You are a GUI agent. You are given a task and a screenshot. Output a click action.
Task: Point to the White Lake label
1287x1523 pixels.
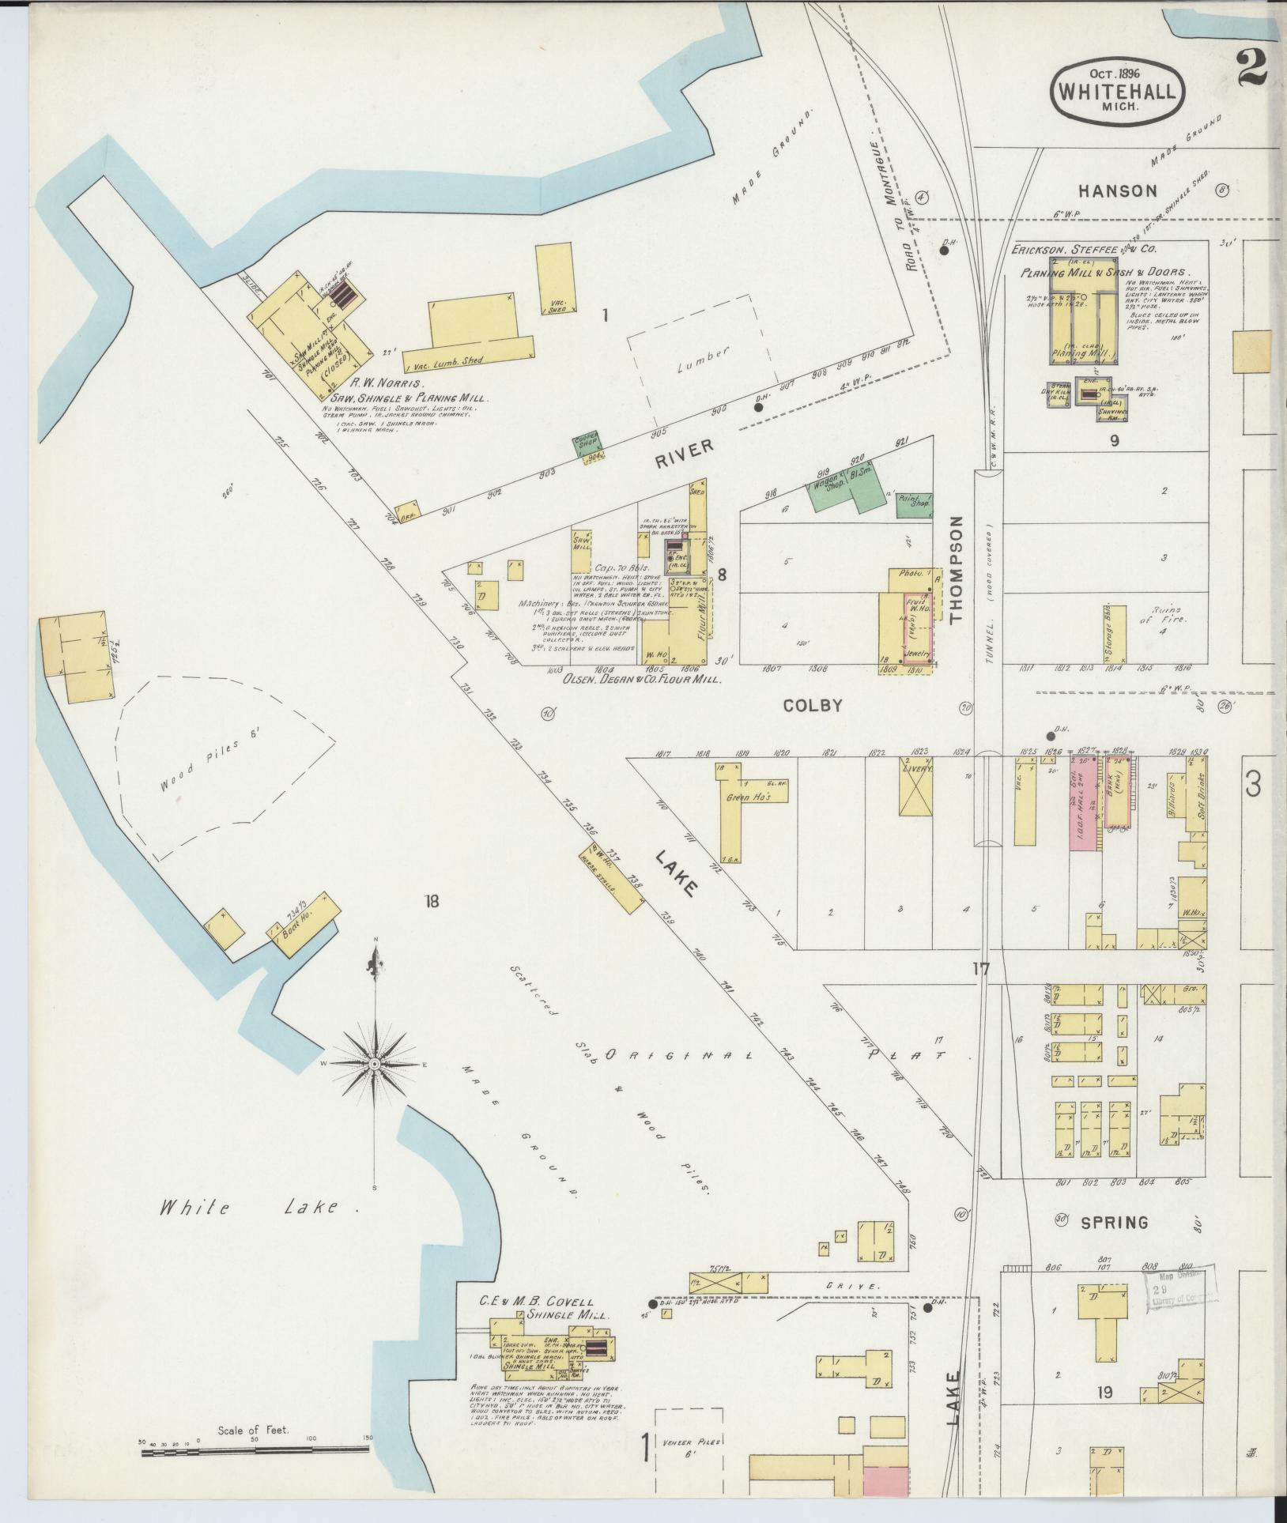tap(249, 1230)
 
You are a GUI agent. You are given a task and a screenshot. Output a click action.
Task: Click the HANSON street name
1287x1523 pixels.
tap(1118, 190)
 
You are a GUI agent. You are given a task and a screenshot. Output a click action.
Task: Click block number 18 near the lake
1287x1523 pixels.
tap(431, 901)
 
